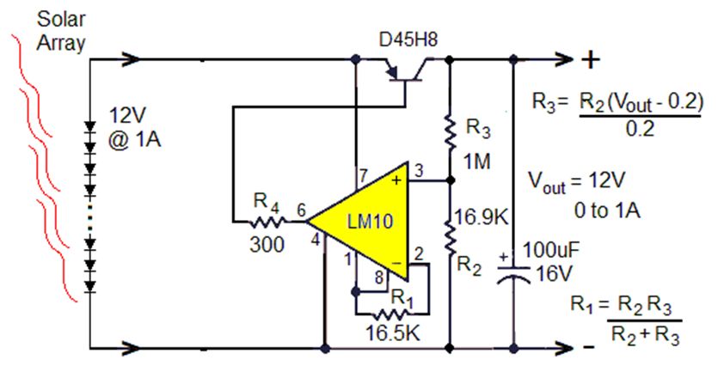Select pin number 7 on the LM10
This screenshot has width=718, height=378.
pos(363,176)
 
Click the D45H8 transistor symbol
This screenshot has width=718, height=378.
pos(405,73)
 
